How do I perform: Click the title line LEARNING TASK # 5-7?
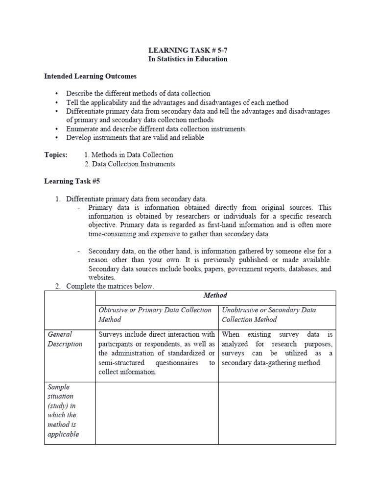point(188,50)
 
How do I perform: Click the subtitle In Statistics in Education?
point(188,59)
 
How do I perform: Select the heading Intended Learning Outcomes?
point(91,76)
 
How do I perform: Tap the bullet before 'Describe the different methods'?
point(57,93)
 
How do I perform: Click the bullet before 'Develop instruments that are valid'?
point(57,138)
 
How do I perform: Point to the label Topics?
point(56,155)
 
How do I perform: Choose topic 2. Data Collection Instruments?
point(129,164)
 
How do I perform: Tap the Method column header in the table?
point(215,296)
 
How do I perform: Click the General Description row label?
point(65,339)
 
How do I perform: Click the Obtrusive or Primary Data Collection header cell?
point(156,315)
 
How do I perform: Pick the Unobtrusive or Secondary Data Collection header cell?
point(269,315)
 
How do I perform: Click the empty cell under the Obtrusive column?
point(157,413)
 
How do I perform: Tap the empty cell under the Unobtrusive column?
point(277,413)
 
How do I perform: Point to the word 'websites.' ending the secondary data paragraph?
point(102,277)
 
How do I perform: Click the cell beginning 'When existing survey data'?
point(277,349)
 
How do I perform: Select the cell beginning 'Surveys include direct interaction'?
point(157,353)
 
